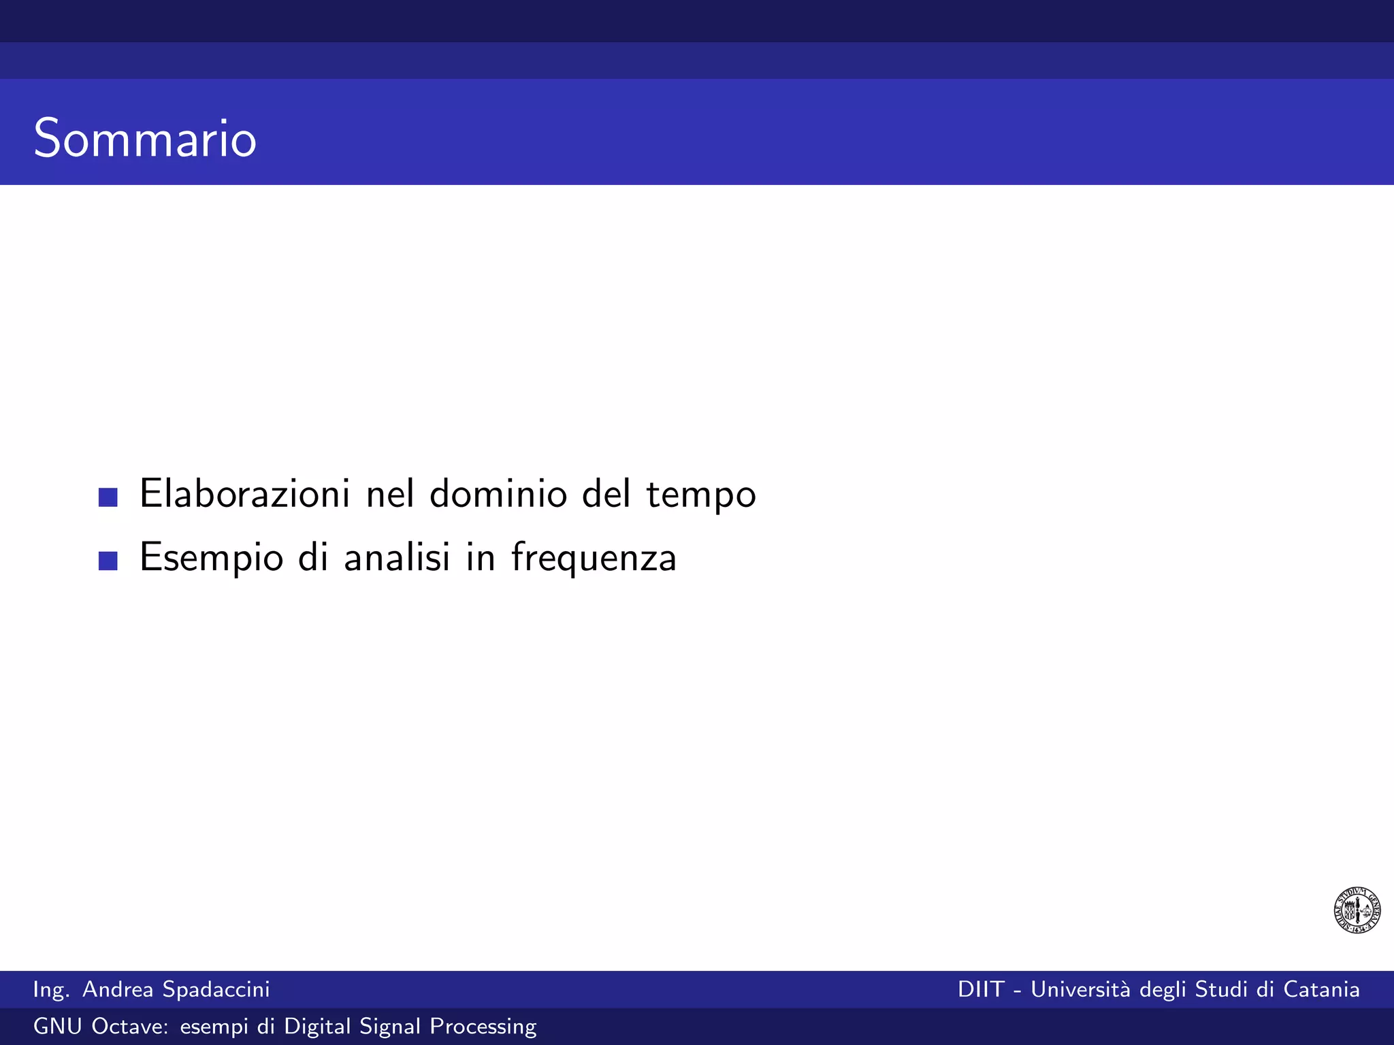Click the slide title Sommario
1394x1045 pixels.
point(145,138)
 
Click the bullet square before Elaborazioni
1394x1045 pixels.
point(108,497)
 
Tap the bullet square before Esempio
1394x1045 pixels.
point(108,561)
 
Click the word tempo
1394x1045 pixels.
point(701,495)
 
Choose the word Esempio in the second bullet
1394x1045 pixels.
point(211,558)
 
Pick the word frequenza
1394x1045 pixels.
point(594,558)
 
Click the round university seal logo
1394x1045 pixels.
point(1357,910)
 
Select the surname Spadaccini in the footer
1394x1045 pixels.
point(216,989)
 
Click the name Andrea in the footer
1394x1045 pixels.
point(118,989)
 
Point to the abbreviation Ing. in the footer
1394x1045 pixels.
point(51,990)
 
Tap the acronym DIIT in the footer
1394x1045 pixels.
point(981,989)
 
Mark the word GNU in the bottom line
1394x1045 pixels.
point(58,1026)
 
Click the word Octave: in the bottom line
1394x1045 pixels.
point(130,1026)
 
